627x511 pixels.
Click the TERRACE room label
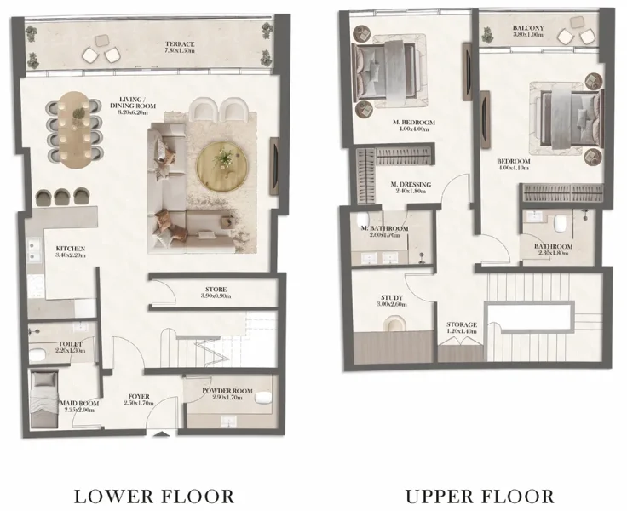(x=181, y=44)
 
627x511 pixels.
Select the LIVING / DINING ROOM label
(x=135, y=105)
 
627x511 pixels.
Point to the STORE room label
(x=214, y=289)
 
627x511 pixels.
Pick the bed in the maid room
(x=43, y=399)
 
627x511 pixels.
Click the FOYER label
(x=139, y=396)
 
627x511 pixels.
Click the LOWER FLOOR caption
(x=155, y=495)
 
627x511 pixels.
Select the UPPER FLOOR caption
(x=480, y=495)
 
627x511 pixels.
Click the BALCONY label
(x=528, y=29)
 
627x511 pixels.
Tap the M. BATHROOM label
(x=383, y=229)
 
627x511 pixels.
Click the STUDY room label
(x=392, y=298)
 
